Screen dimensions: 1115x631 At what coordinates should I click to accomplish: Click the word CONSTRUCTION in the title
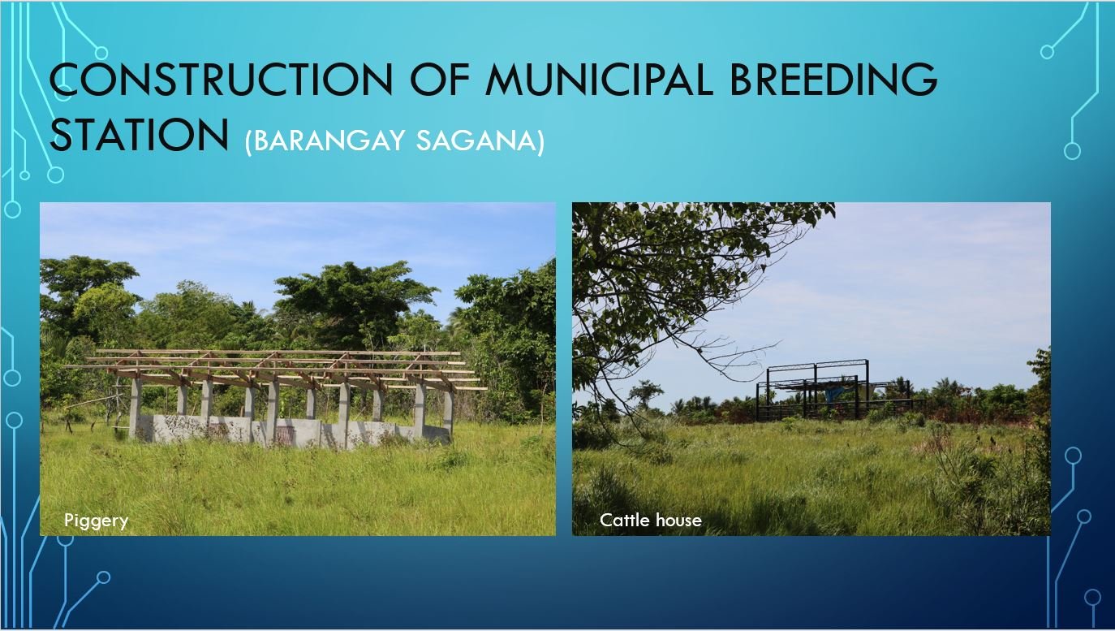click(222, 79)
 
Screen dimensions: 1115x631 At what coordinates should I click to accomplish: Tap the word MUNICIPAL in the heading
click(600, 79)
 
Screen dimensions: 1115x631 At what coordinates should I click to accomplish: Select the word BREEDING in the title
click(833, 79)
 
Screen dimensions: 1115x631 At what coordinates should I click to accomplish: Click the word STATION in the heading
click(140, 134)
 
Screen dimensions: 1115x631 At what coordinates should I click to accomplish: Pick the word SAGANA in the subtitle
click(476, 140)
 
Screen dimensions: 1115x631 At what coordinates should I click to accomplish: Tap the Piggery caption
click(96, 521)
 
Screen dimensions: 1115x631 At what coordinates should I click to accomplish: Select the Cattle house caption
click(651, 520)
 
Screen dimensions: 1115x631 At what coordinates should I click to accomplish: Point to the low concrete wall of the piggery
click(294, 431)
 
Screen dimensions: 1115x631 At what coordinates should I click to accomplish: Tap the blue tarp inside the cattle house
click(833, 393)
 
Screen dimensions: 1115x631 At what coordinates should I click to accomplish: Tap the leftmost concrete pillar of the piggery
click(135, 408)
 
